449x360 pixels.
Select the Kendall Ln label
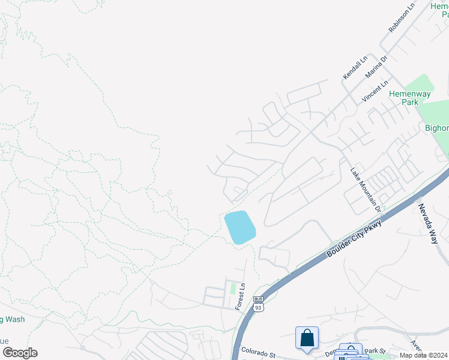point(355,68)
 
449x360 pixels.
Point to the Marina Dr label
point(377,66)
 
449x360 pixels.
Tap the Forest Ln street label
point(241,296)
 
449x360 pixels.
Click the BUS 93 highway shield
point(259,304)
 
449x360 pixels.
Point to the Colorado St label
point(258,350)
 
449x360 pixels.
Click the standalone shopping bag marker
point(307,337)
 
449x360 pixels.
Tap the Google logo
point(20,353)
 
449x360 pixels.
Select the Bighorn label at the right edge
point(436,128)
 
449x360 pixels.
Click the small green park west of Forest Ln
point(233,289)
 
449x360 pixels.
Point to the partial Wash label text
point(13,319)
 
